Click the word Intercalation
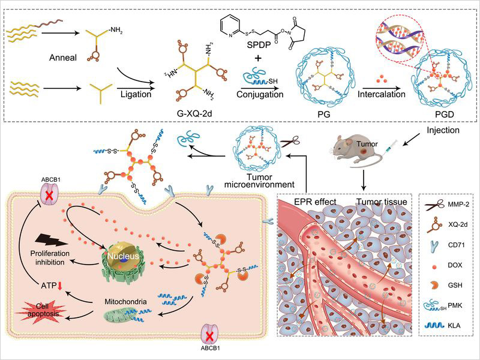click(x=381, y=94)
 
